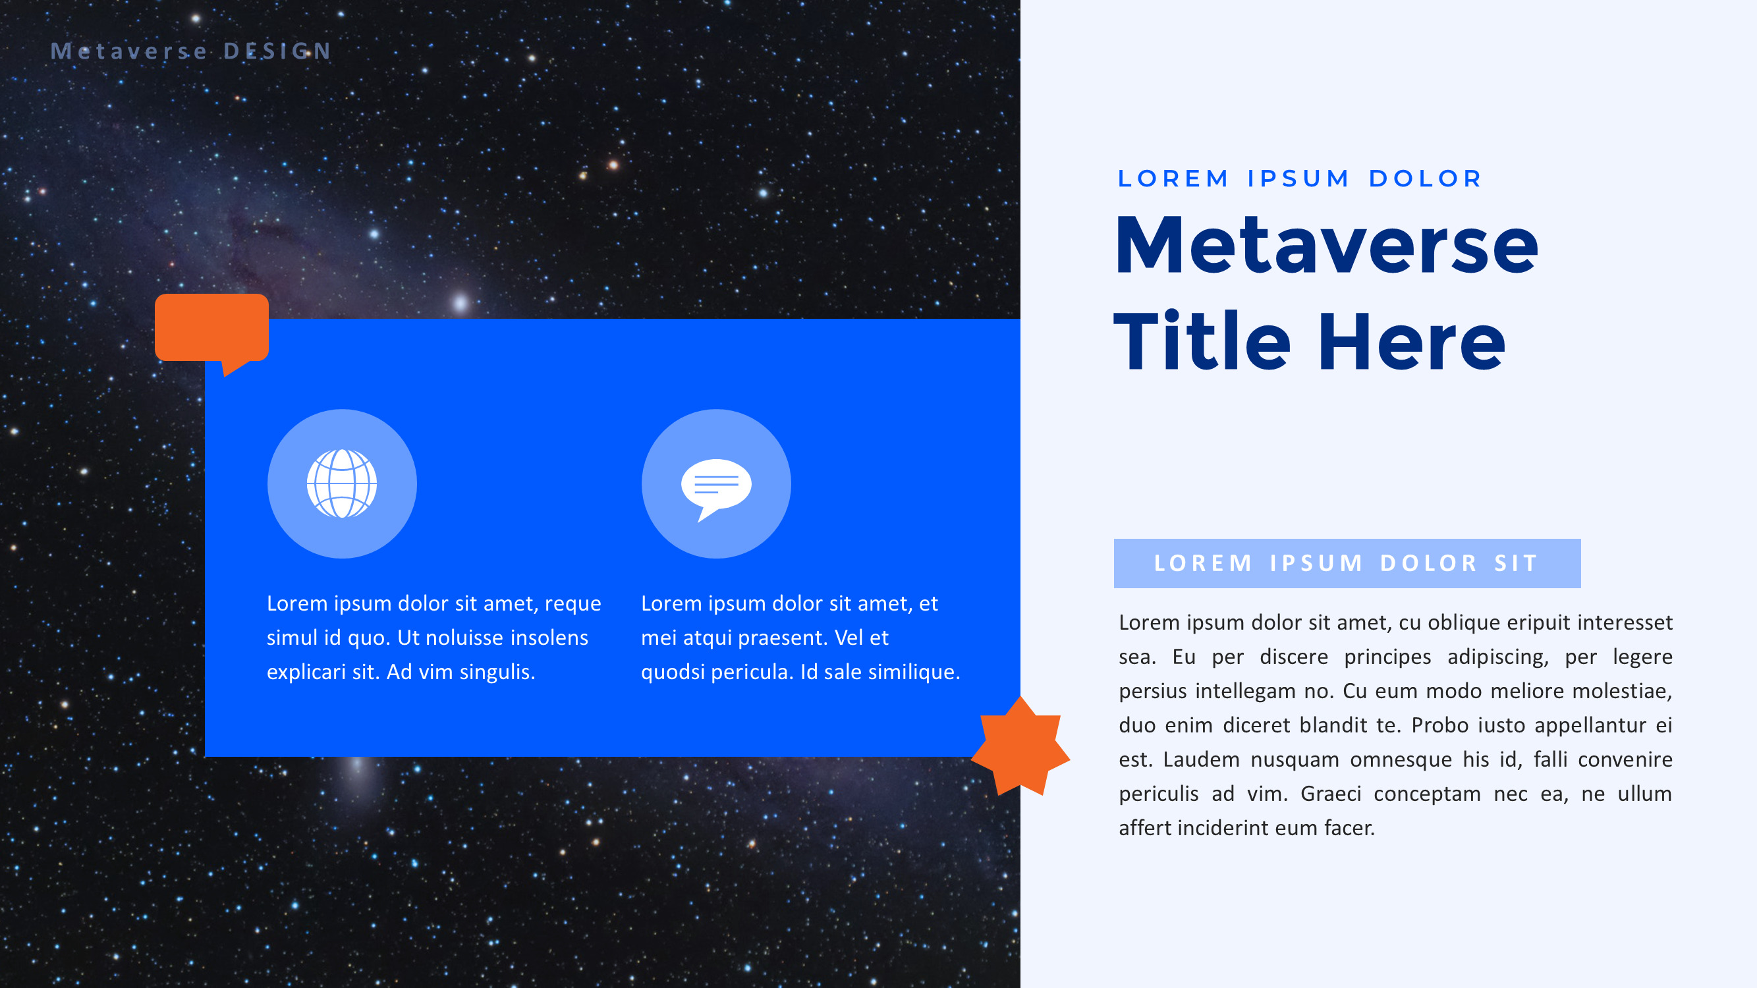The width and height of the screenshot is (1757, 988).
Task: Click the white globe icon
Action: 342,483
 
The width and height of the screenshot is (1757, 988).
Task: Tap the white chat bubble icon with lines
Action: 715,485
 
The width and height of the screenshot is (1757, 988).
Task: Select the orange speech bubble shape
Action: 211,329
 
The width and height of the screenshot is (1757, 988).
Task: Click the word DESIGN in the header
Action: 277,51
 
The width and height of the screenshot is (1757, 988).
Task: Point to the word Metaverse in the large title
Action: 1326,246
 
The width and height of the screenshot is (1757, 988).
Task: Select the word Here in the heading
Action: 1411,341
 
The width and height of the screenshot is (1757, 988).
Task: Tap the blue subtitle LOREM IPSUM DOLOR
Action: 1300,178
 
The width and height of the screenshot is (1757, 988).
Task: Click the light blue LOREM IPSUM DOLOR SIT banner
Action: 1347,563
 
